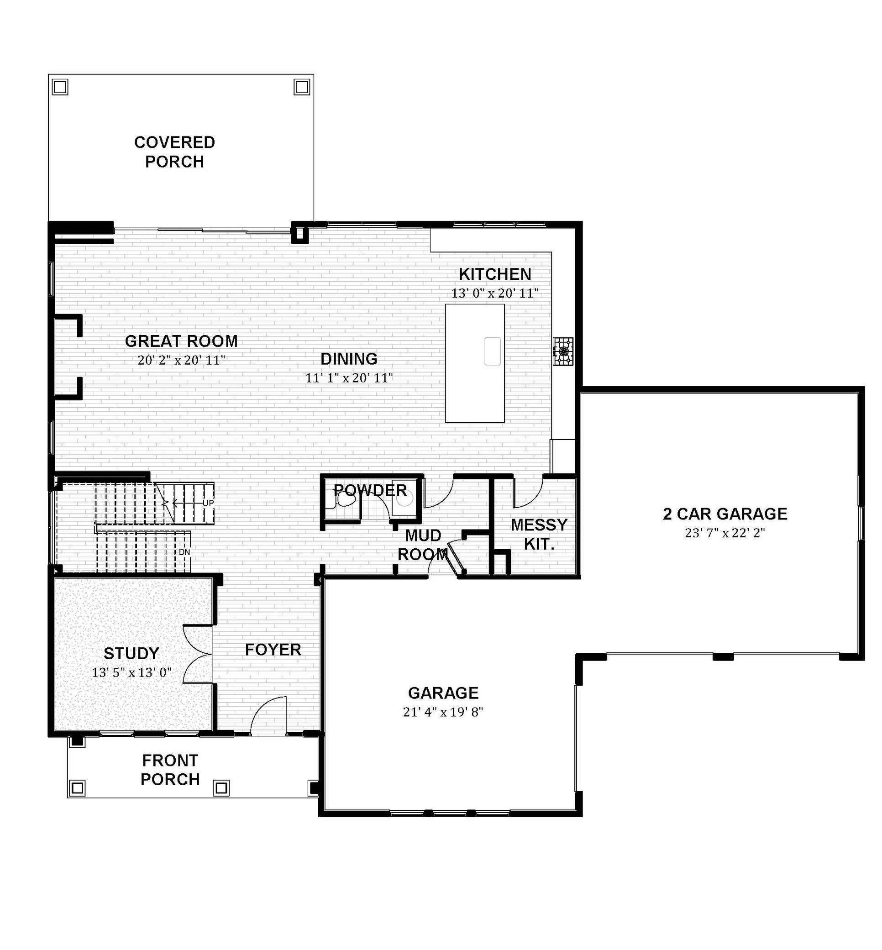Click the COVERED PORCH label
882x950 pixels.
[x=175, y=152]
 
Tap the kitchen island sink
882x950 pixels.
[x=493, y=351]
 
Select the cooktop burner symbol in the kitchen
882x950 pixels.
[x=563, y=352]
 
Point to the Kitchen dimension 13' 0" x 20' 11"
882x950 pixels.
[x=495, y=293]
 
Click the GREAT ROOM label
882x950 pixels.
[x=181, y=341]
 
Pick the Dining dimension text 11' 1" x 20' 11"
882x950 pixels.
[x=349, y=378]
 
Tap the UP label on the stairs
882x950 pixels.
[x=208, y=503]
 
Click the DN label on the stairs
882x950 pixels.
[x=185, y=552]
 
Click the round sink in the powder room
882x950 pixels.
[x=405, y=499]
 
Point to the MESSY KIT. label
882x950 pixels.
[x=539, y=535]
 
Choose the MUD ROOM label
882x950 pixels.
[x=423, y=545]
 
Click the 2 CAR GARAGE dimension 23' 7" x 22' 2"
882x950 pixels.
[x=725, y=533]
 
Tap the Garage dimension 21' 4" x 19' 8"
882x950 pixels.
[x=443, y=712]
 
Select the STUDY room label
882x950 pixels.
[x=131, y=653]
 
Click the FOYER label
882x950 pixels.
[x=273, y=650]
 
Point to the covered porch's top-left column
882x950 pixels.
[x=60, y=87]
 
